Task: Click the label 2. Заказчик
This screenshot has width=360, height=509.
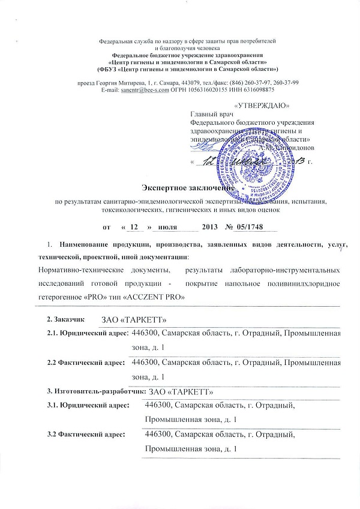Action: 67,316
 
